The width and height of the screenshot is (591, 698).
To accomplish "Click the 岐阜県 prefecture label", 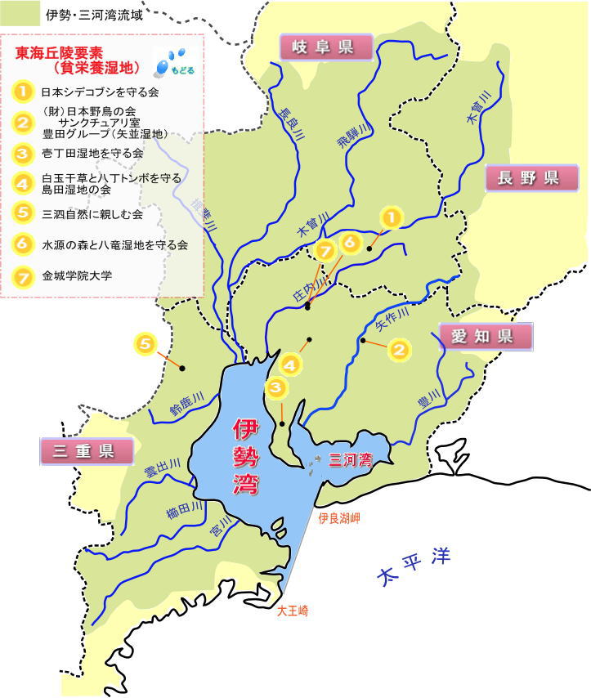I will [326, 47].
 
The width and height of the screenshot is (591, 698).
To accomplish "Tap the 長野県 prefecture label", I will [527, 178].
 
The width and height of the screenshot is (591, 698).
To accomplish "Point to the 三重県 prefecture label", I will [87, 450].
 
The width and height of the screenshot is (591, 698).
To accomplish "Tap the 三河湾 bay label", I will [350, 460].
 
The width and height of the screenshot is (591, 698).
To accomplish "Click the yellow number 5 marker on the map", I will [146, 345].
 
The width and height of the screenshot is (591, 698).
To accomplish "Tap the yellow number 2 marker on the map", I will [398, 351].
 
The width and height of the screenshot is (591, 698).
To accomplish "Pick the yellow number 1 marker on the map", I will [392, 217].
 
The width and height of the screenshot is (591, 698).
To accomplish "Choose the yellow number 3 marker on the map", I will [276, 388].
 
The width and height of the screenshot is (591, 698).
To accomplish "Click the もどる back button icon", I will [174, 61].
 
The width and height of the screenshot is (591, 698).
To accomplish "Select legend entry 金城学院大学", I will [77, 275].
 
